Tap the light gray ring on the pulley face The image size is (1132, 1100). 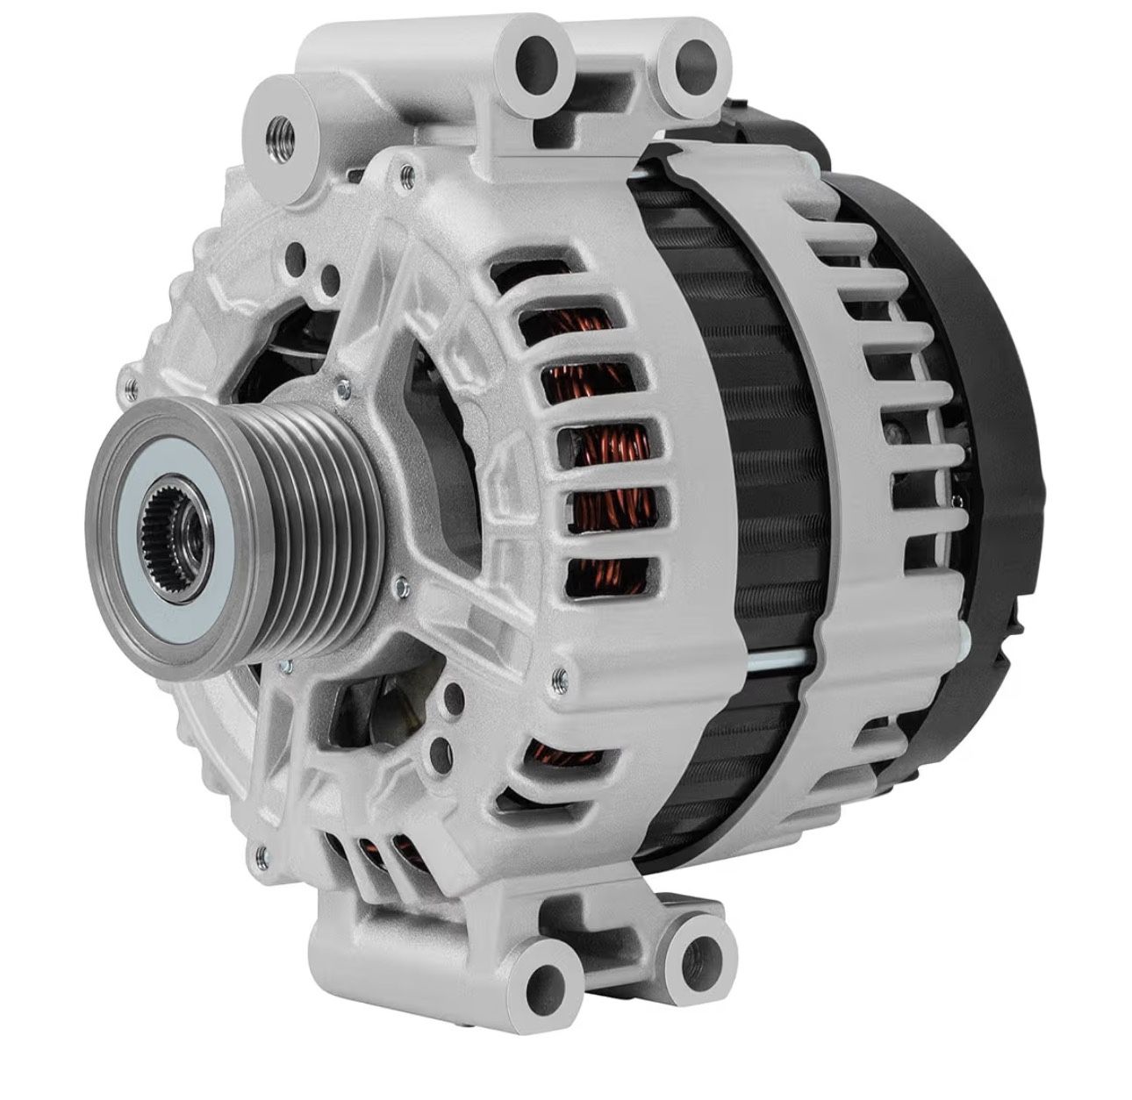tap(146, 561)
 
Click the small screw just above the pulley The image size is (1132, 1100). tap(339, 383)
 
